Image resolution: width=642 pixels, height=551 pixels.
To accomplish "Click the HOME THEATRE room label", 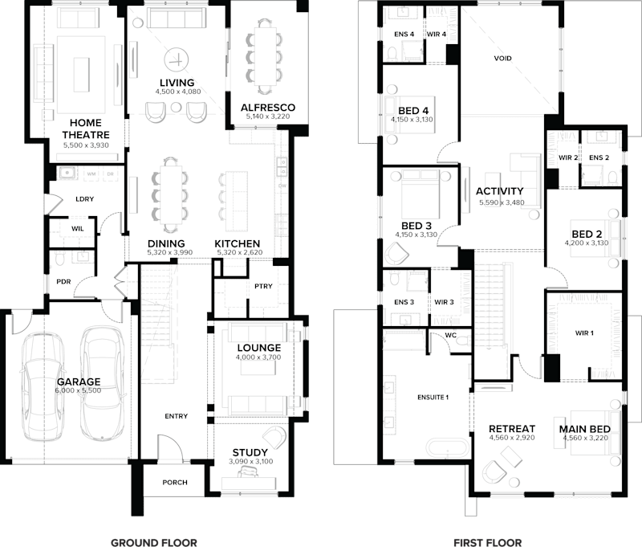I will coord(85,129).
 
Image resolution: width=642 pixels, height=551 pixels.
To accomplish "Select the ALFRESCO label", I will coord(268,108).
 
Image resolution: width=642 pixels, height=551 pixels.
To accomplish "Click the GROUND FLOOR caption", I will coord(153,542).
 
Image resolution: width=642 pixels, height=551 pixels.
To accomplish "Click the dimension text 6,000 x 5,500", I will coord(79,391).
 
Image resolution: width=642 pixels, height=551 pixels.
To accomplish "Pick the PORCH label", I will coord(174,483).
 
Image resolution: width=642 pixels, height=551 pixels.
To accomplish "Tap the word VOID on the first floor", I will coord(503,59).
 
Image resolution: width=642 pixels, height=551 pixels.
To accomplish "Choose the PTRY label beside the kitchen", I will coord(262,286).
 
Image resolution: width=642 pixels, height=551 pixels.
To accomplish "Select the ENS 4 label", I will coord(404,35).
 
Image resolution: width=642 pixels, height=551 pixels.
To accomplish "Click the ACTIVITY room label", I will coord(499,191).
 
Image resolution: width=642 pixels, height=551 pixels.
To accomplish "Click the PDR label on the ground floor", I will coord(64,282).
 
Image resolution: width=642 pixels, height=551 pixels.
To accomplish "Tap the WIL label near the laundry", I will coord(77,230).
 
